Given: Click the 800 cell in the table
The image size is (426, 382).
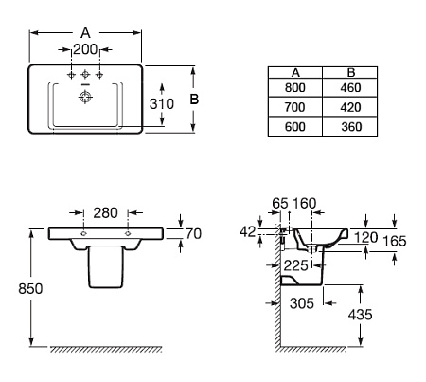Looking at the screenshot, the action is (x=295, y=87).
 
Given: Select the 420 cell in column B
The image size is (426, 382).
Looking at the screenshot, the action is (x=350, y=107).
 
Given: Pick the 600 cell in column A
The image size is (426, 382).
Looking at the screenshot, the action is (x=295, y=127).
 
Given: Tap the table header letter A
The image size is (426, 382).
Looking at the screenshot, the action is (x=295, y=73).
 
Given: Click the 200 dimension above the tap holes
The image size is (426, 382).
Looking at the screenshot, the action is (x=85, y=49).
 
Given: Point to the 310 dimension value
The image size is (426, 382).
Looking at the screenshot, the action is (x=162, y=104).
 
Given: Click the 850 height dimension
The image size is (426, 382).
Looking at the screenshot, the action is (x=30, y=289).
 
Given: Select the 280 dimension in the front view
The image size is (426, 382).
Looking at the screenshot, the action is (x=106, y=212).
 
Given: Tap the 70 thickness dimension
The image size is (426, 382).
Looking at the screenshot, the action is (x=193, y=234).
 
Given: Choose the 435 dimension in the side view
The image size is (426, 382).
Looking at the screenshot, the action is (x=361, y=315).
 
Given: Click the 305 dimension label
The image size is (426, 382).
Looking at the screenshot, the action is (x=302, y=303).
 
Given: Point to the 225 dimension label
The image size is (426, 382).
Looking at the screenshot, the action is (x=295, y=265).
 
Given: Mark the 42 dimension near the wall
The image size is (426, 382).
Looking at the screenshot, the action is (x=248, y=232).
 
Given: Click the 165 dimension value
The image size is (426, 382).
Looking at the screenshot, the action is (x=395, y=241).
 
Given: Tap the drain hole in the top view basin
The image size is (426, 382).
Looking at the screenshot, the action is (x=85, y=97).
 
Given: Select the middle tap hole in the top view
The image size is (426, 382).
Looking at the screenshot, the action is (x=85, y=75).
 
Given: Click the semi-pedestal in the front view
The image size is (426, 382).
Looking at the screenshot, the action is (x=105, y=267).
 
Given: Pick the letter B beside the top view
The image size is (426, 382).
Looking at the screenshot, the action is (x=194, y=100).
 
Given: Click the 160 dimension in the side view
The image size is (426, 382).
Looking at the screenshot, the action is (x=304, y=203).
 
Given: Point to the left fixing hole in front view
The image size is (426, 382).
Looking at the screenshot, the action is (x=83, y=233).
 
